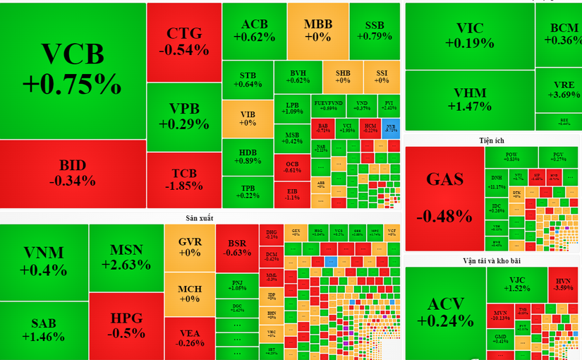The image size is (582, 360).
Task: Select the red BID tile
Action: [x=73, y=174]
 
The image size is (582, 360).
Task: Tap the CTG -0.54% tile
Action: [x=184, y=42]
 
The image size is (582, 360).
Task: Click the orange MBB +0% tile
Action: [x=317, y=31]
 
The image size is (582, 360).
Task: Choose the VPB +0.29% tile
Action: [x=184, y=116]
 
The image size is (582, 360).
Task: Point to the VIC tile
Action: [x=469, y=35]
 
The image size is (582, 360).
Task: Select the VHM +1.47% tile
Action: [x=469, y=100]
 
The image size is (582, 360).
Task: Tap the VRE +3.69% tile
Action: [x=559, y=90]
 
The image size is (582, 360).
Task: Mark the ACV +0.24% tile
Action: [x=446, y=312]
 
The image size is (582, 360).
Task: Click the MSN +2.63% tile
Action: [x=126, y=258]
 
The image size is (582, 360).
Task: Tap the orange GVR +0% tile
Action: [x=190, y=247]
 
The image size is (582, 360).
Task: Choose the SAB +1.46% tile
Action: [x=44, y=330]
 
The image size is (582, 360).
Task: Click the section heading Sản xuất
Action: [x=200, y=217]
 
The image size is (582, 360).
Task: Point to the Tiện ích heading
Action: [x=492, y=141]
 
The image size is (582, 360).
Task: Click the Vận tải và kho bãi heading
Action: [x=492, y=260]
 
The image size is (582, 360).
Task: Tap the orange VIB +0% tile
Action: [x=248, y=118]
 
